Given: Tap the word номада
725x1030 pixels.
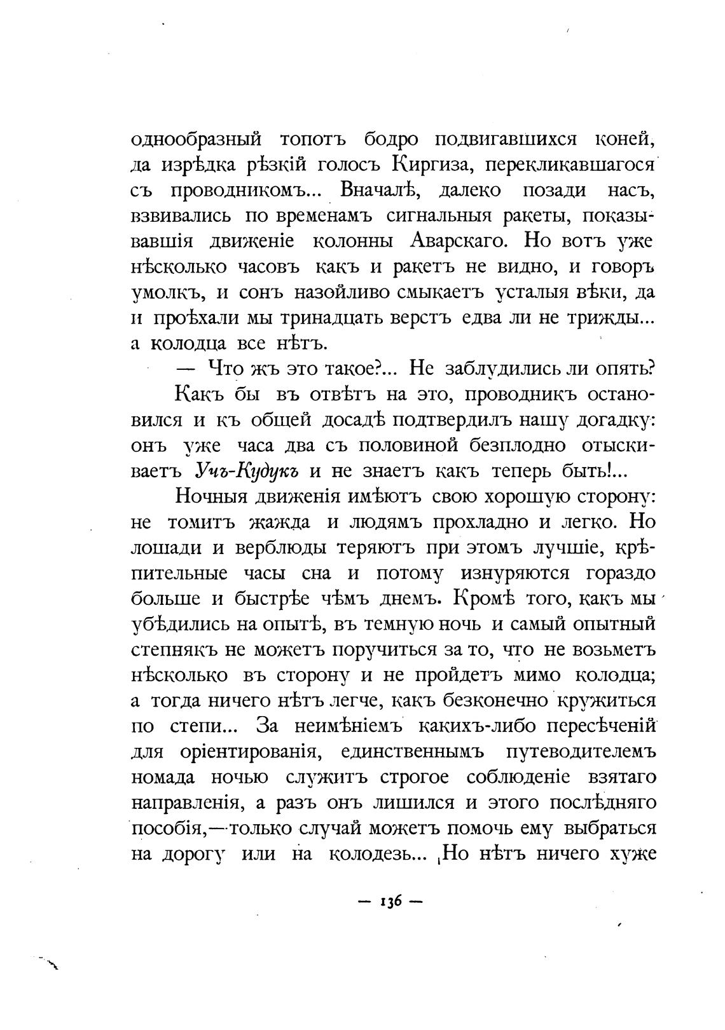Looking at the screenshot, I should (163, 778).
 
